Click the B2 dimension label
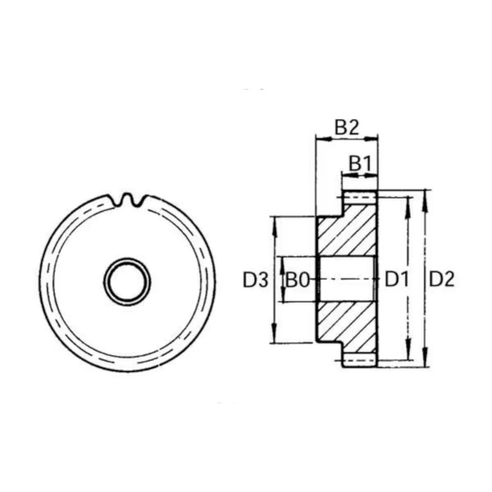click(346, 127)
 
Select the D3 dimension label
click(255, 280)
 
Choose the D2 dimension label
click(442, 280)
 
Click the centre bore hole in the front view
click(127, 281)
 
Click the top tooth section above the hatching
click(359, 197)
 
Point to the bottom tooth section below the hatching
click(359, 360)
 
